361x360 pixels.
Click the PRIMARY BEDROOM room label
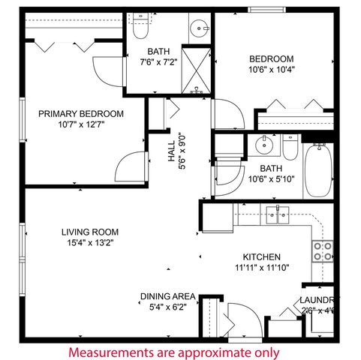coord(80,114)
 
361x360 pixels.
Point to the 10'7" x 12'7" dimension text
coord(80,124)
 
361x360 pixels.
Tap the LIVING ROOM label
coord(90,232)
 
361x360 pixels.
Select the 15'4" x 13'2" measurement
coord(90,243)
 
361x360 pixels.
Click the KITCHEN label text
coord(261,256)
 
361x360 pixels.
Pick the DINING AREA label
coord(167,296)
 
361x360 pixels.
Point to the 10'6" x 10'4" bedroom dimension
coord(271,70)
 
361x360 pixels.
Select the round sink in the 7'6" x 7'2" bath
coord(200,29)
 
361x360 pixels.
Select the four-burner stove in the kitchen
coord(323,250)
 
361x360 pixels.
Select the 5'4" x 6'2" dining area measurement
coord(167,307)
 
